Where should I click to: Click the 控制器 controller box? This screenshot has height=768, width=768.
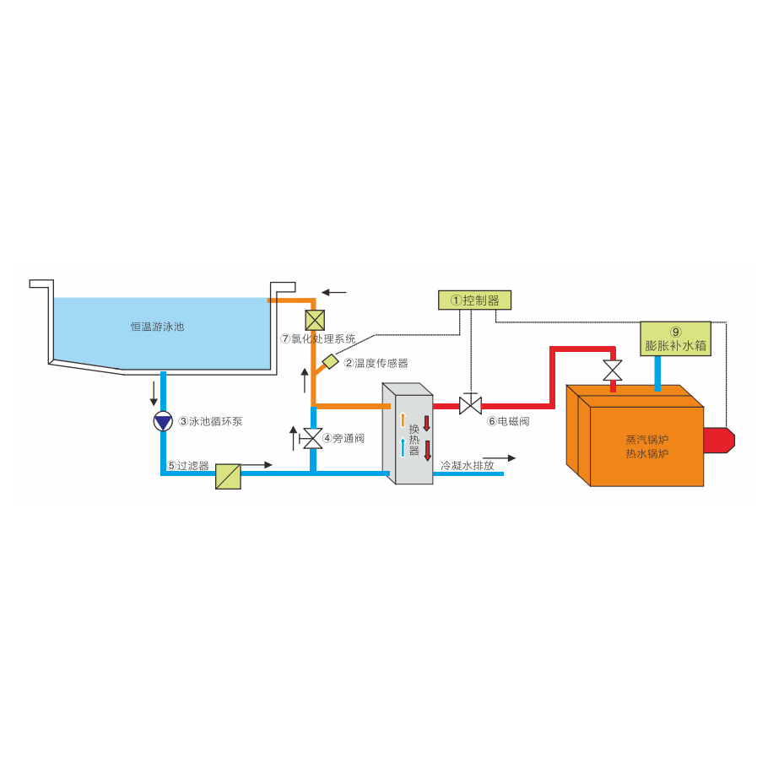click(475, 300)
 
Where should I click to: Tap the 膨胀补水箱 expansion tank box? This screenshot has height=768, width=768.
click(675, 338)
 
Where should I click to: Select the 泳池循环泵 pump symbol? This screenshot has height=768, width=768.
click(162, 421)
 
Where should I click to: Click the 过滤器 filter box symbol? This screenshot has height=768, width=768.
click(228, 476)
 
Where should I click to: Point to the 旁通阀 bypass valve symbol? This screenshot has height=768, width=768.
click(312, 439)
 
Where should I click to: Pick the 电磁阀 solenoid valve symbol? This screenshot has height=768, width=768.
click(470, 405)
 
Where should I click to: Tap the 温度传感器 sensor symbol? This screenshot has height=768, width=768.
click(330, 362)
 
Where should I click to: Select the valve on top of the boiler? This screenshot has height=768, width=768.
click(613, 370)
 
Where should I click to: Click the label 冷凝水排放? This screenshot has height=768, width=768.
click(468, 464)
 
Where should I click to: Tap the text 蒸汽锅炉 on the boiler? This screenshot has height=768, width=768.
click(647, 440)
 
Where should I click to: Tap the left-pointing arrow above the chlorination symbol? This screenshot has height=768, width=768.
click(333, 292)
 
